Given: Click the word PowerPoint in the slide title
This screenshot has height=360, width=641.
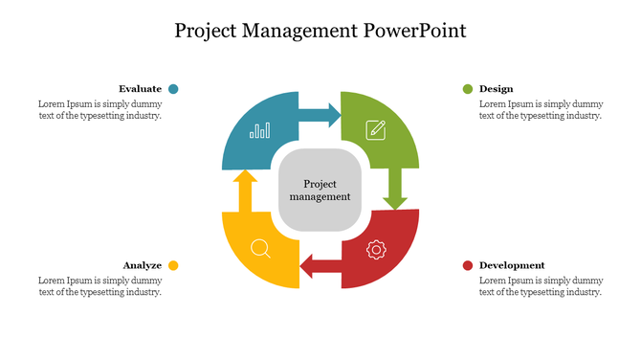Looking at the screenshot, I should (415, 30).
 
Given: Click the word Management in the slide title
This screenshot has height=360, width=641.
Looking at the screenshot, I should (304, 30).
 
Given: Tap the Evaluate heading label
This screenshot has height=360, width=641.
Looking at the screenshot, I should (140, 89).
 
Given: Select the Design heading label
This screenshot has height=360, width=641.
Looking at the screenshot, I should (496, 89).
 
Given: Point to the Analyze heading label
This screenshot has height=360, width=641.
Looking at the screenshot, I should (142, 265).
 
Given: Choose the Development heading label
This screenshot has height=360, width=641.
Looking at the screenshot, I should (512, 265).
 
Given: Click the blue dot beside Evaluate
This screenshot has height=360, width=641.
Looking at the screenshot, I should (173, 89).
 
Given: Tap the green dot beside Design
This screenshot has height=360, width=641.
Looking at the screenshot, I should (467, 89).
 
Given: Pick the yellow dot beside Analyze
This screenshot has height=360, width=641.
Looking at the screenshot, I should (173, 265).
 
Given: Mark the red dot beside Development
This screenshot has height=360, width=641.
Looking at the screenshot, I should (467, 265).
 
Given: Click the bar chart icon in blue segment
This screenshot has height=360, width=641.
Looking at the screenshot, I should (259, 130).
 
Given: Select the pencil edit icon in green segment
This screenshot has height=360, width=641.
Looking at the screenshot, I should (376, 129).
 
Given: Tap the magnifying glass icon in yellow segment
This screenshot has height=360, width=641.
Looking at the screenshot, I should (260, 249).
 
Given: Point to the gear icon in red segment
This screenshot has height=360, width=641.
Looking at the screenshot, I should (376, 250).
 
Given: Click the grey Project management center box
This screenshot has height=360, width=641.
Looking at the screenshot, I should (320, 190).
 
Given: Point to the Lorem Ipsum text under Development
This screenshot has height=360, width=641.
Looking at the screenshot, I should (540, 286).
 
